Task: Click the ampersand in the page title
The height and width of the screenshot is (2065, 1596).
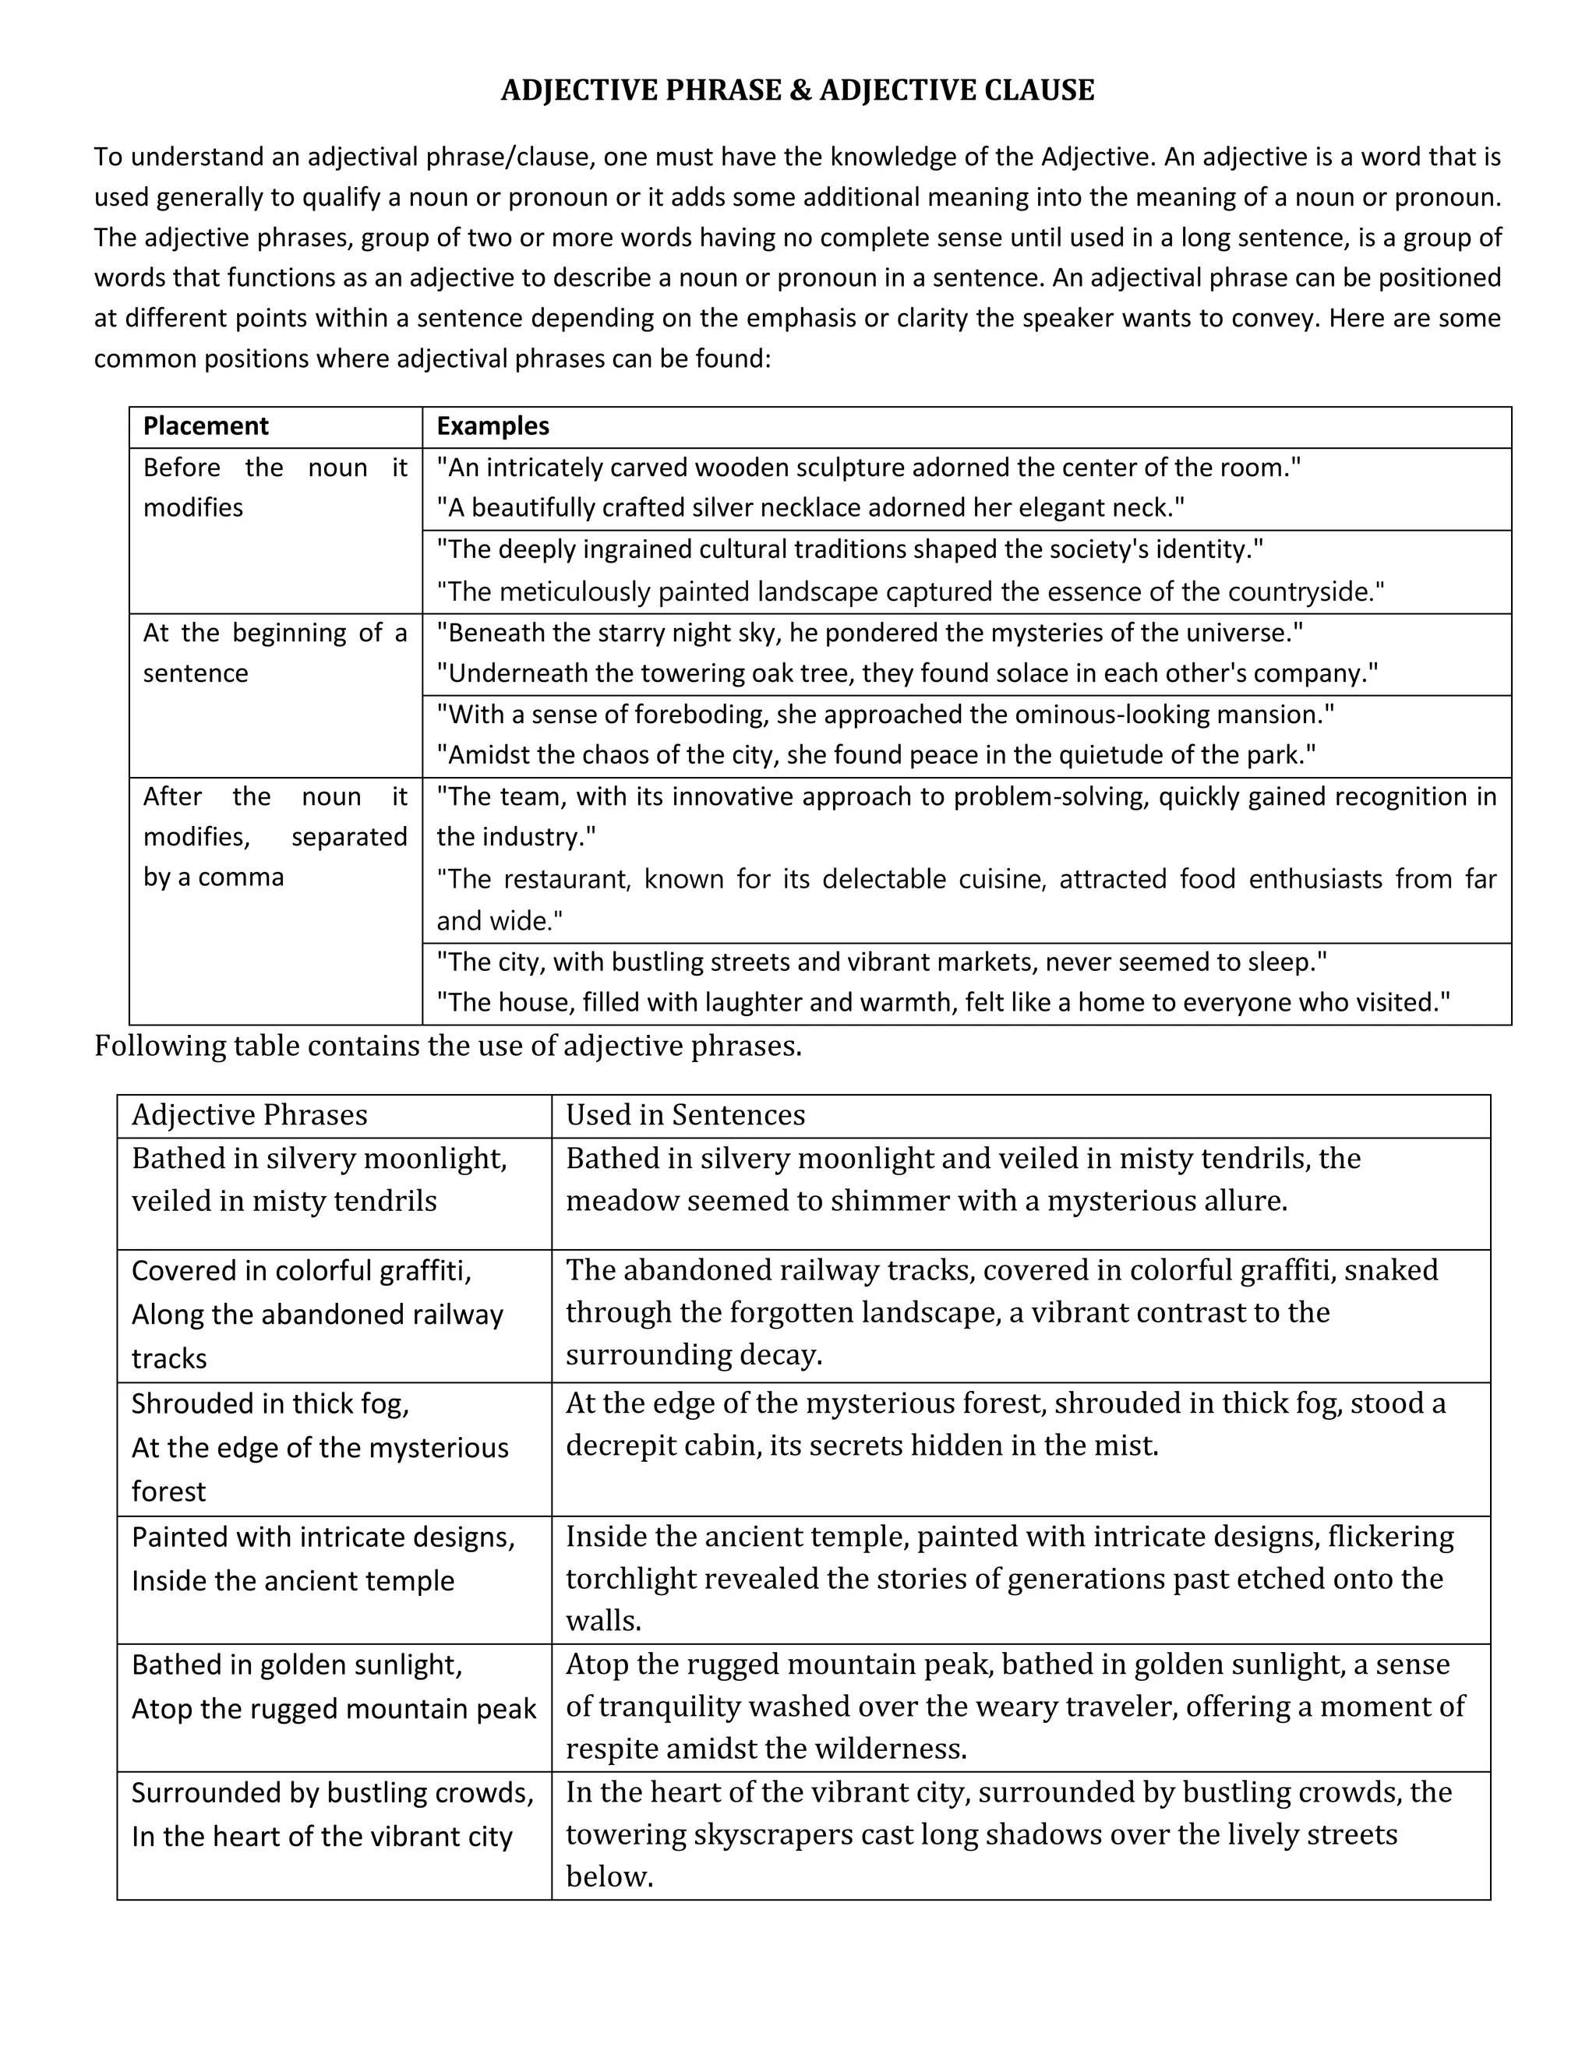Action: [799, 90]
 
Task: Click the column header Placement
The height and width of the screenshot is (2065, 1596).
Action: [205, 426]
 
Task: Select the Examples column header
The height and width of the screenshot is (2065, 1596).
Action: [492, 426]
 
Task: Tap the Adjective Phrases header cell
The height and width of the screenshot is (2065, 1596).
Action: [249, 1116]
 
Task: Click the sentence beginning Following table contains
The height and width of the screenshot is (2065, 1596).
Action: [447, 1047]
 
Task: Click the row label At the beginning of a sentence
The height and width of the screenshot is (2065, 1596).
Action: [274, 653]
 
